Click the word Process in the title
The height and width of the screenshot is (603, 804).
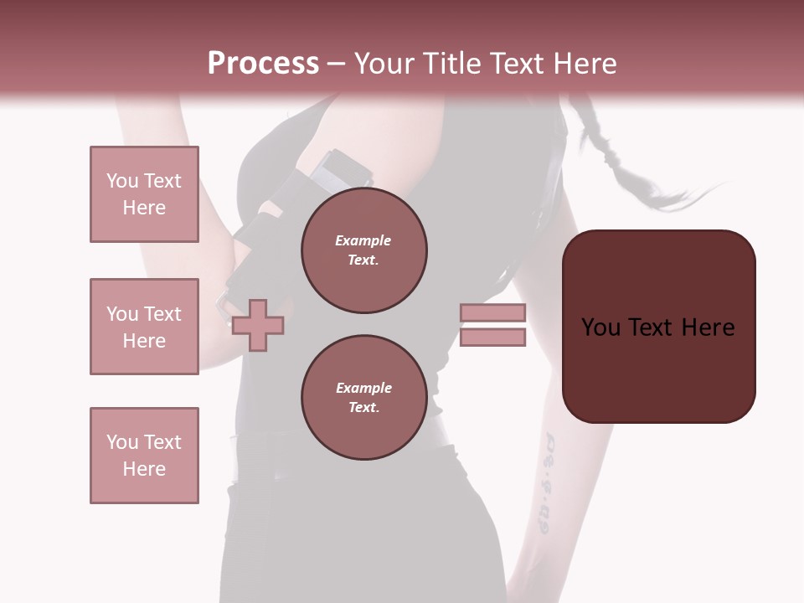[263, 64]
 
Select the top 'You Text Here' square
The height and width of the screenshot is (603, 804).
[144, 194]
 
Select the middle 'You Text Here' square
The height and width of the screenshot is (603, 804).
[144, 327]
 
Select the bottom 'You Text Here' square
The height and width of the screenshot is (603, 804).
[144, 456]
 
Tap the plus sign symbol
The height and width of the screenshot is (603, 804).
[258, 324]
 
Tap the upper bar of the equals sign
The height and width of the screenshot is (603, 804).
[492, 312]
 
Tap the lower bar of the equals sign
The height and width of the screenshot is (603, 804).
[492, 337]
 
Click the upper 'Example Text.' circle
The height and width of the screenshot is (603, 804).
[363, 250]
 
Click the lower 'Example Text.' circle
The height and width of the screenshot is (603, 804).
[363, 398]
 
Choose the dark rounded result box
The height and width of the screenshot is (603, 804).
[658, 327]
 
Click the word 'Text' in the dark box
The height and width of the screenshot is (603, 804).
[658, 327]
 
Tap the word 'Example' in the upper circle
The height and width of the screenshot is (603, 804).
[363, 241]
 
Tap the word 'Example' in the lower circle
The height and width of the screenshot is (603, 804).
[363, 389]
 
